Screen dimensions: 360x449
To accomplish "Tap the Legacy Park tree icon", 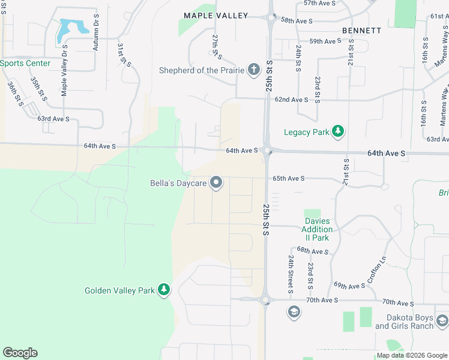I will coord(338,131).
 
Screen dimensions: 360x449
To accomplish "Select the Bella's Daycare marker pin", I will coord(217,183).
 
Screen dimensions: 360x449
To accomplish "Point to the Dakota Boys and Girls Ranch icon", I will coord(442,322).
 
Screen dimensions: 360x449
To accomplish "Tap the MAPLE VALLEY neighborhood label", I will coord(215,16).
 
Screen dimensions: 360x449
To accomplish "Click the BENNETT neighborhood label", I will coord(361,30).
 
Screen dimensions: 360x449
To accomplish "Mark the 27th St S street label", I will coord(217,47).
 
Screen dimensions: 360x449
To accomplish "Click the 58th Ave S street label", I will coord(297,21).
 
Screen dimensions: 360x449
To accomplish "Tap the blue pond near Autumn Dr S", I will coord(71,29).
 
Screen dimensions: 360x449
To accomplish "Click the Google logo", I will coord(20,353).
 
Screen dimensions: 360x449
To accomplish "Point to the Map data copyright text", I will coord(411,356).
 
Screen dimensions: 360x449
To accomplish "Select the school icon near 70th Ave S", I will coord(294,311).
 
